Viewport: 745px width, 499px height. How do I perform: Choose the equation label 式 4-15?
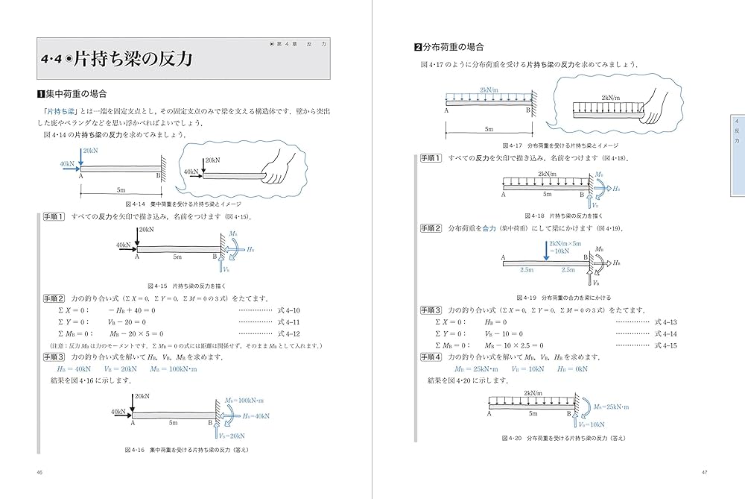(x=665, y=345)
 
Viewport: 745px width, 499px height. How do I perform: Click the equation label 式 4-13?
(x=665, y=322)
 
